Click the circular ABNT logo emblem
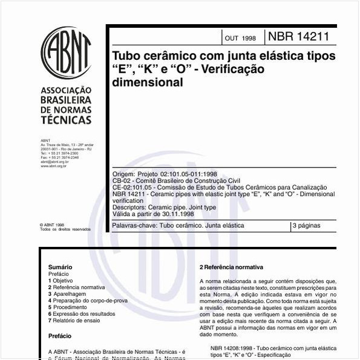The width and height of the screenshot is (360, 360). click(66, 51)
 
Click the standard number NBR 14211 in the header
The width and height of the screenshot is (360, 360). click(303, 36)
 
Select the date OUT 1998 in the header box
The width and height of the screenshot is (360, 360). click(240, 38)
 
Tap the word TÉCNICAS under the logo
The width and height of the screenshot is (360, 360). click(66, 120)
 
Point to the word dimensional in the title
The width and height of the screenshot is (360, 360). click(148, 83)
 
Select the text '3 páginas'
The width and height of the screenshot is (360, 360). click(306, 226)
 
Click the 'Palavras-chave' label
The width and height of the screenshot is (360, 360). click(134, 226)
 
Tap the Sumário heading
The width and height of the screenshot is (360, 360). click(60, 267)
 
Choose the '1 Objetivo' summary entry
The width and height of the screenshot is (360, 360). click(61, 281)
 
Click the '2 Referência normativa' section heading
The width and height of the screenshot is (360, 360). click(231, 267)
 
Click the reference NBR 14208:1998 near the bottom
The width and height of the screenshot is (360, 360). click(234, 349)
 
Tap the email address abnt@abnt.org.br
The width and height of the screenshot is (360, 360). click(54, 162)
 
